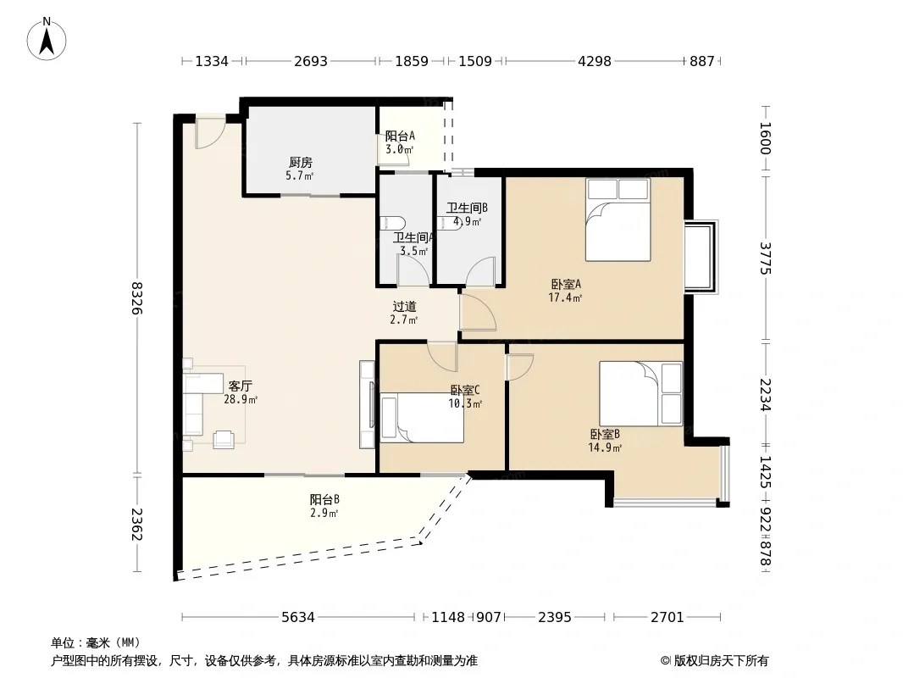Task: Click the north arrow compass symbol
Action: (x=47, y=39)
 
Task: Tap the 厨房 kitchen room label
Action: (x=301, y=169)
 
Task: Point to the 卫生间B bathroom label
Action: (x=467, y=214)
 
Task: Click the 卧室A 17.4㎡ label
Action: (x=566, y=291)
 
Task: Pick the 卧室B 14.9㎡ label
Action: (x=605, y=441)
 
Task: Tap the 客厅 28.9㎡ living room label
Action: (x=240, y=392)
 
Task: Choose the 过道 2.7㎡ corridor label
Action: (x=404, y=313)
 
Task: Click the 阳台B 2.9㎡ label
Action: (x=324, y=506)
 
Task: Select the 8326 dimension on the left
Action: (x=136, y=297)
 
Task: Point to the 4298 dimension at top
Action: (x=595, y=61)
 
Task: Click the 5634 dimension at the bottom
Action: (x=298, y=618)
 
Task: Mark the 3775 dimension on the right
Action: (x=765, y=258)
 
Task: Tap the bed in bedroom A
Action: (x=618, y=220)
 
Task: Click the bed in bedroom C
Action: (x=422, y=418)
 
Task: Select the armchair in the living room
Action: (x=224, y=440)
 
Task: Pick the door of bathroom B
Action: (x=480, y=271)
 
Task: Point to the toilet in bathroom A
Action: (x=394, y=224)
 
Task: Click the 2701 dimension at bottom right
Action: (x=667, y=618)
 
